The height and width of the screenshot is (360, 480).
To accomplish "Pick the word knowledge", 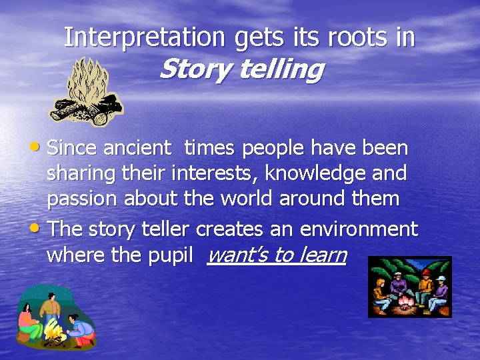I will point(313,173).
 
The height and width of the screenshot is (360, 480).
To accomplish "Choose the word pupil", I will point(175,255).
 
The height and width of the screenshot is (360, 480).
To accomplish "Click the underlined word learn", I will point(321,255).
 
